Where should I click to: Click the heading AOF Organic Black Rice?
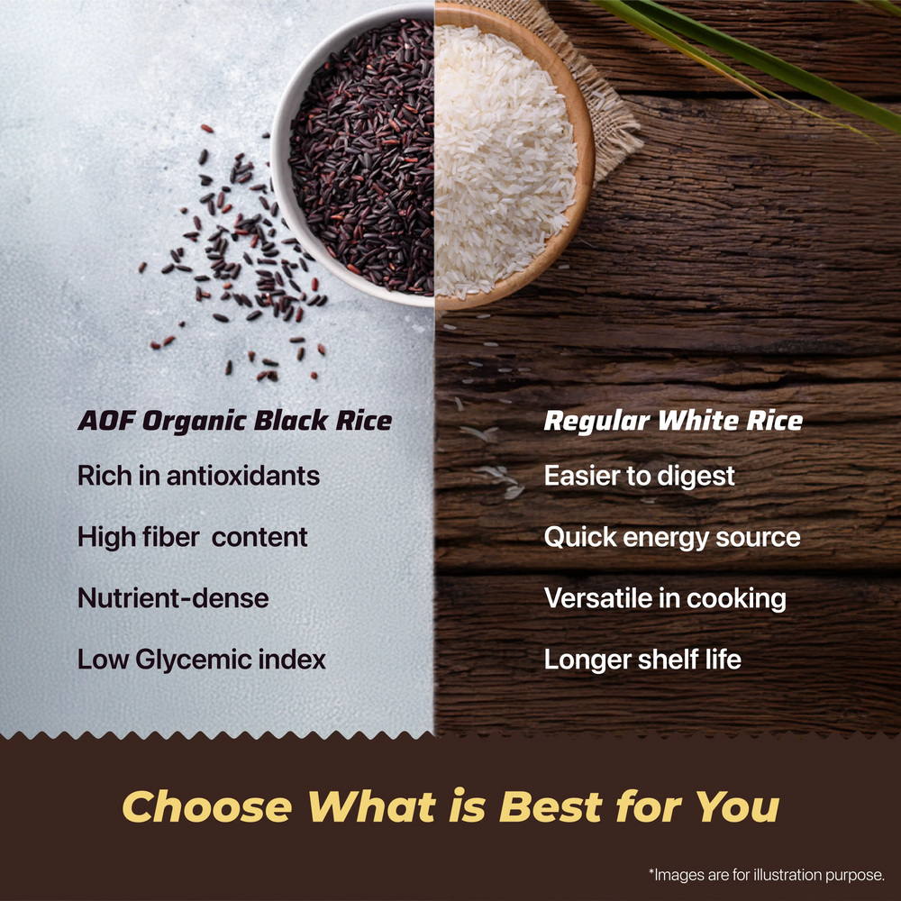point(234,422)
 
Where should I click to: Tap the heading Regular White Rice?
point(672,422)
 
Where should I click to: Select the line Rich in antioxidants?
point(198,476)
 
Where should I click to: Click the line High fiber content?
point(192,537)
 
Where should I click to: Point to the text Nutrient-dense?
point(173,598)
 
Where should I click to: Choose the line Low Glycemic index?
point(201,660)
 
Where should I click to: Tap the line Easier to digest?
point(639,476)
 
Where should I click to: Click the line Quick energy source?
point(671,537)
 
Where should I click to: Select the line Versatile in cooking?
point(665,598)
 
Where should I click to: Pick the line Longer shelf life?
point(642,660)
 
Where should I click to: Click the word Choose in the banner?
point(206,807)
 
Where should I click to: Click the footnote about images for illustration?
point(767,875)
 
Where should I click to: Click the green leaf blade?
point(766,63)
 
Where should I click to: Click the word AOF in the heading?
point(103,422)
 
